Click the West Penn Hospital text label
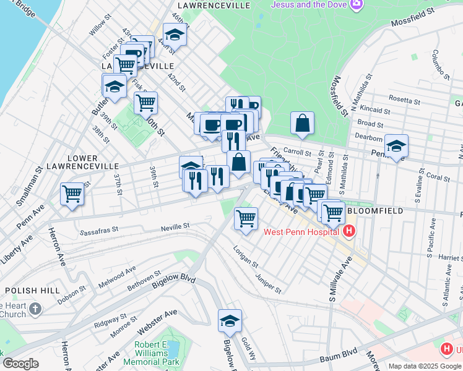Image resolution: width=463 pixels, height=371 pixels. tap(301, 232)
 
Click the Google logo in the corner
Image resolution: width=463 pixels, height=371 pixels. tap(20, 364)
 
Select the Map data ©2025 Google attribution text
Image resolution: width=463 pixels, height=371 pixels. tap(425, 366)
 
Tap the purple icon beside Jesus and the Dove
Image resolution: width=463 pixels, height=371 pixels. tap(357, 5)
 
